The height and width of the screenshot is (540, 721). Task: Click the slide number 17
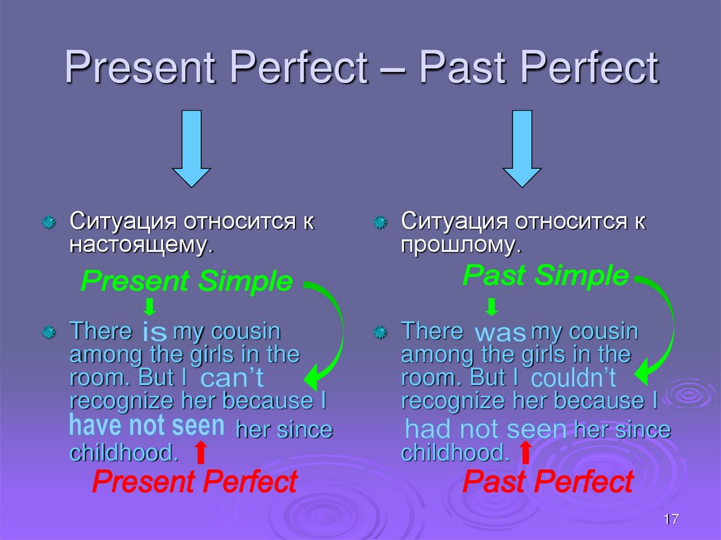point(670,520)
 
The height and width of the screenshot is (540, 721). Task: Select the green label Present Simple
point(187,282)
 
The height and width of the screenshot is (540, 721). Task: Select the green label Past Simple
point(545,275)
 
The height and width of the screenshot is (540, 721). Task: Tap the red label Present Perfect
point(195,483)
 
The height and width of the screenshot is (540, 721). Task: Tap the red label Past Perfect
point(548,483)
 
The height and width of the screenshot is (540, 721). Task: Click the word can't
point(232,379)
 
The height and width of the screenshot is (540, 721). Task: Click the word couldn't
point(573,379)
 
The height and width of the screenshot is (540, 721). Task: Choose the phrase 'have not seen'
point(147,426)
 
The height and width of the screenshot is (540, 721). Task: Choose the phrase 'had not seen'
point(487,429)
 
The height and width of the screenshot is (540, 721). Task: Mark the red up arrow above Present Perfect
point(200,452)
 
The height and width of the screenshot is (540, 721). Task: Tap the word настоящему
point(139,245)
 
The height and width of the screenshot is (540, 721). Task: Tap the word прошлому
point(461,245)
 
